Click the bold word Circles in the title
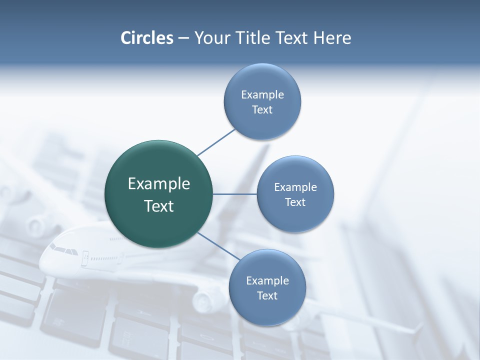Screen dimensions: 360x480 [146, 38]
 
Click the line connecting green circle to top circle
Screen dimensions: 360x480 [216, 142]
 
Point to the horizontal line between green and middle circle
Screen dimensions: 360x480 [235, 194]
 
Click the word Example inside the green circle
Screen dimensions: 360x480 [159, 184]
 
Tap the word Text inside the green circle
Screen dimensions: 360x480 [159, 206]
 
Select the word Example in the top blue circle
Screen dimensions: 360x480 [262, 94]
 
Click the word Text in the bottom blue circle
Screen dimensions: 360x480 [267, 295]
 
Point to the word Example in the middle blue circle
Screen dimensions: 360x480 [295, 187]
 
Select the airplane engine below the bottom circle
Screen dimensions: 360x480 [204, 300]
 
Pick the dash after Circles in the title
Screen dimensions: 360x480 [183, 38]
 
